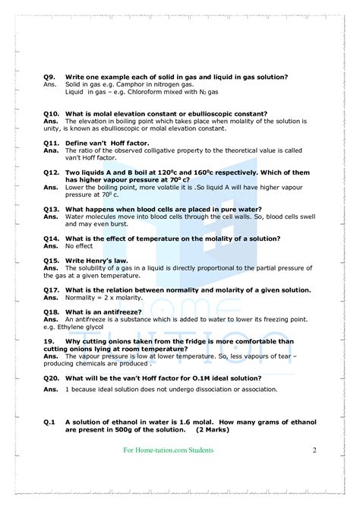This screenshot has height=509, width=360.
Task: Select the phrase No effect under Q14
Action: click(78, 246)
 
